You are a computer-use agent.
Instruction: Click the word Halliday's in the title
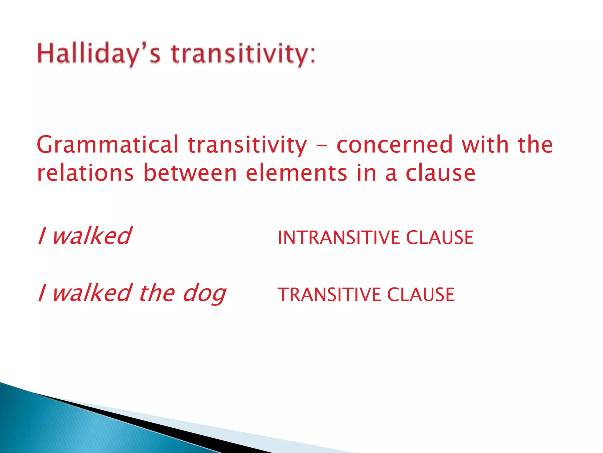[99, 55]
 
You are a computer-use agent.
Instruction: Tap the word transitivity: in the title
[243, 55]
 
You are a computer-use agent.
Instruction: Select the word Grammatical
[107, 145]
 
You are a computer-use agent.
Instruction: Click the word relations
[85, 173]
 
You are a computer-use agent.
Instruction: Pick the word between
[190, 173]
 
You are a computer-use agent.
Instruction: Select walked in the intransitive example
[92, 236]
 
